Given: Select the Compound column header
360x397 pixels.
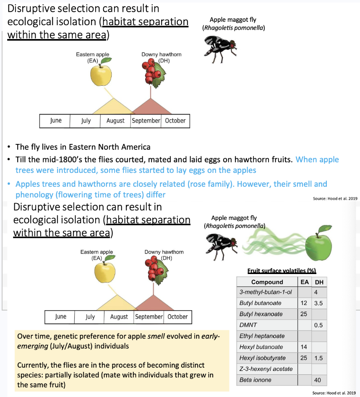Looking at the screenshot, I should point(267,282).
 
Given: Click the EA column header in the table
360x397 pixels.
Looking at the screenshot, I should point(304,282).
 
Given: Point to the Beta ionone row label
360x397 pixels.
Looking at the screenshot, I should point(255,380).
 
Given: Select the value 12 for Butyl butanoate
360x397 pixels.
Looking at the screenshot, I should point(304,303).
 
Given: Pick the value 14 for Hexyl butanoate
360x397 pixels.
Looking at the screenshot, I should point(304,347).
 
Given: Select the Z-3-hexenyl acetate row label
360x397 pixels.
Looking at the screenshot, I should point(266,369).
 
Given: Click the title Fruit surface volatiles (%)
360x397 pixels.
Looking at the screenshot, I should point(282,271).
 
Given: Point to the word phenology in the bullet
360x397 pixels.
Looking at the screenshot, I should point(34,195).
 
